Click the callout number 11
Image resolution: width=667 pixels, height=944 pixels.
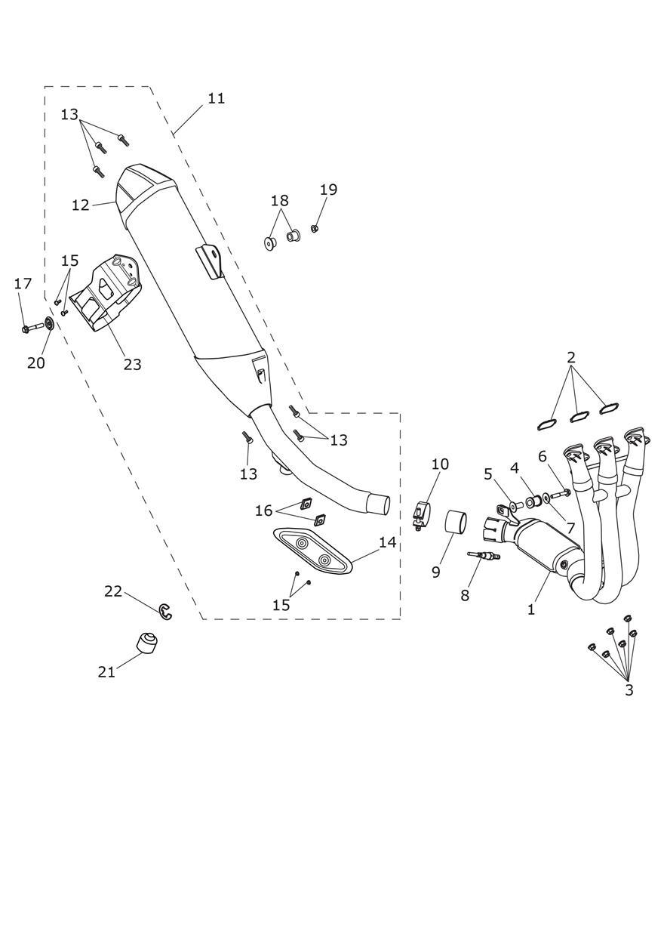click(x=216, y=98)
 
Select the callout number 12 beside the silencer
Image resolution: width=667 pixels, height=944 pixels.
click(x=81, y=205)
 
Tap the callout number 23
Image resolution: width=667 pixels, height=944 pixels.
click(x=132, y=364)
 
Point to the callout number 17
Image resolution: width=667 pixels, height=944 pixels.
click(x=23, y=284)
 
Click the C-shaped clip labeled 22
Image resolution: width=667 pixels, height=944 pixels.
click(x=166, y=611)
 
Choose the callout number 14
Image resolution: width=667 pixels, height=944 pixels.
click(x=387, y=542)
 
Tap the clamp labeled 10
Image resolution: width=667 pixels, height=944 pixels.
click(x=420, y=514)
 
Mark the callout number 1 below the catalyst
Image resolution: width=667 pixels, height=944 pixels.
click(x=531, y=609)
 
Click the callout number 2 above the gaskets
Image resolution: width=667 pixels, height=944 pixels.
click(x=571, y=356)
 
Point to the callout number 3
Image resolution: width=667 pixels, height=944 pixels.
click(x=629, y=689)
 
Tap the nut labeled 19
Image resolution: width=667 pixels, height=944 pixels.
click(x=315, y=228)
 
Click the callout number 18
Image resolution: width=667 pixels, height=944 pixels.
click(x=279, y=201)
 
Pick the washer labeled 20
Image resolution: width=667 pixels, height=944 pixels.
click(x=48, y=325)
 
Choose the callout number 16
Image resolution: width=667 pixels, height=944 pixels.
click(x=263, y=511)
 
